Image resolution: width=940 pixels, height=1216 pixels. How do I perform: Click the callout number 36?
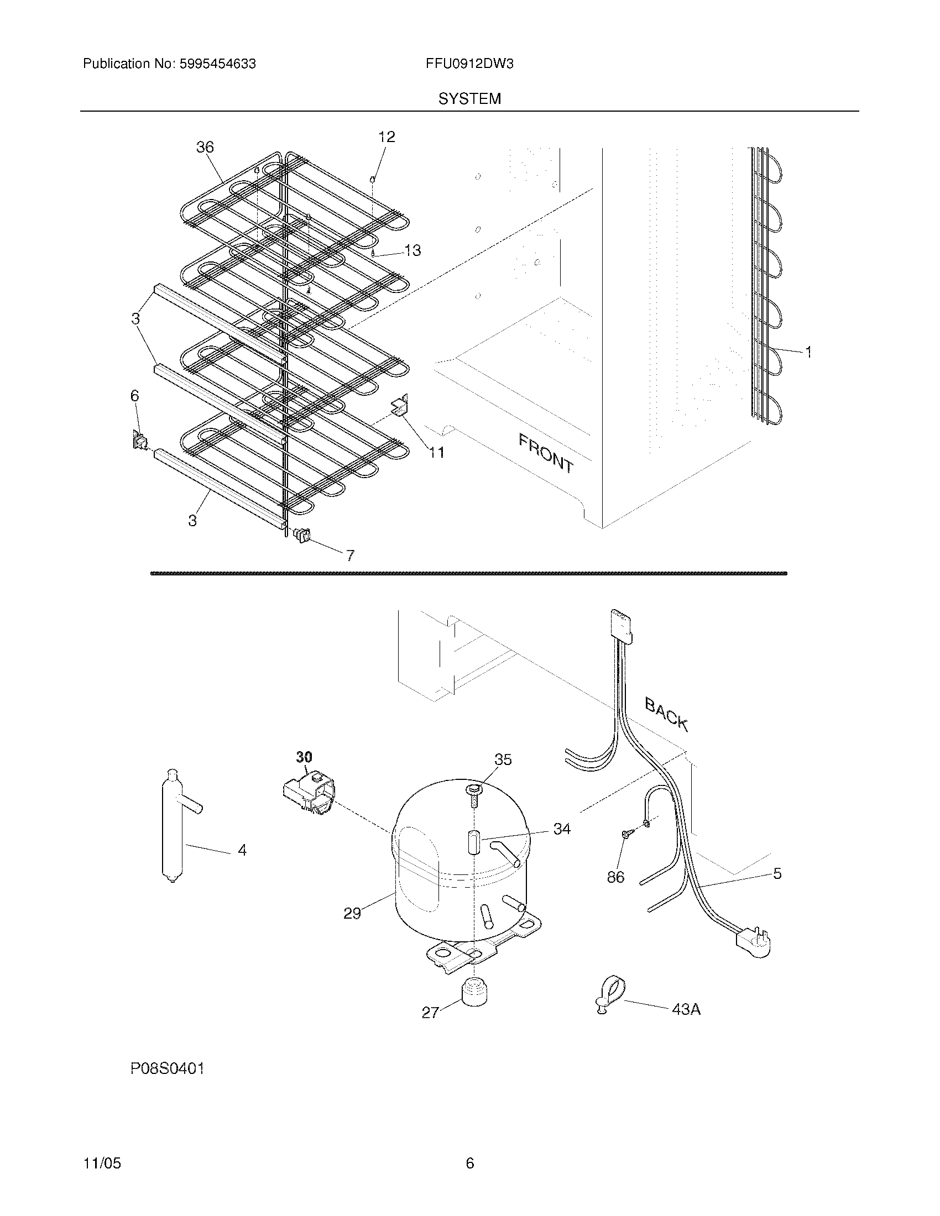(205, 147)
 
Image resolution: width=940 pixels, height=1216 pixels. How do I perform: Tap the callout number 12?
(387, 137)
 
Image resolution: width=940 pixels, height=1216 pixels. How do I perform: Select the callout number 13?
(412, 250)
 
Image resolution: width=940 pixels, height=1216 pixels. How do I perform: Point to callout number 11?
(437, 452)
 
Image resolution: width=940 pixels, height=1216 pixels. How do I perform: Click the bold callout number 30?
(304, 757)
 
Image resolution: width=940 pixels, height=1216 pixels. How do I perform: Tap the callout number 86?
(615, 877)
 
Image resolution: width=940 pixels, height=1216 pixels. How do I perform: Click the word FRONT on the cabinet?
(546, 454)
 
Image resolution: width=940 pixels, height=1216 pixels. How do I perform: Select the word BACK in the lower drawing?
(667, 714)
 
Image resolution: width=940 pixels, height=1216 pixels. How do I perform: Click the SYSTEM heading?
(469, 99)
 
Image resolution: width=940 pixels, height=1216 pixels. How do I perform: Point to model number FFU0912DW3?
(469, 64)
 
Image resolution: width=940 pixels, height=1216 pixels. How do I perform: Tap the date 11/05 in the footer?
(102, 1163)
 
